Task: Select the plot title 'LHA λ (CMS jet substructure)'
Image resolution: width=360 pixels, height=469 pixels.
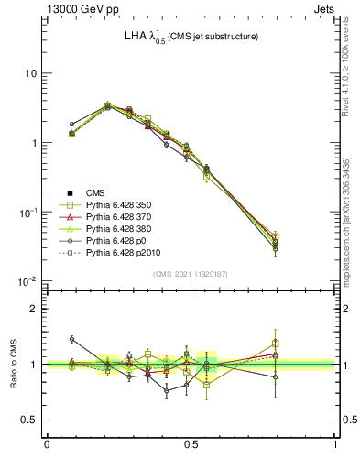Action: pyautogui.click(x=191, y=38)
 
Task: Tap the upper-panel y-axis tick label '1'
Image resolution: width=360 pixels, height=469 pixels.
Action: pyautogui.click(x=35, y=143)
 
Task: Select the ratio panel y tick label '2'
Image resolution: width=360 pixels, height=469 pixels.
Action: pyautogui.click(x=35, y=309)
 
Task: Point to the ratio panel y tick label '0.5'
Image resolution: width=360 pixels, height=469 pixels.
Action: pyautogui.click(x=31, y=420)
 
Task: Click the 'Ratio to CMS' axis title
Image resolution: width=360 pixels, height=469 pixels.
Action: pyautogui.click(x=12, y=365)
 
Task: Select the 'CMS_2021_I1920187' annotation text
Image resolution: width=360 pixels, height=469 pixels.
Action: pyautogui.click(x=191, y=274)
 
